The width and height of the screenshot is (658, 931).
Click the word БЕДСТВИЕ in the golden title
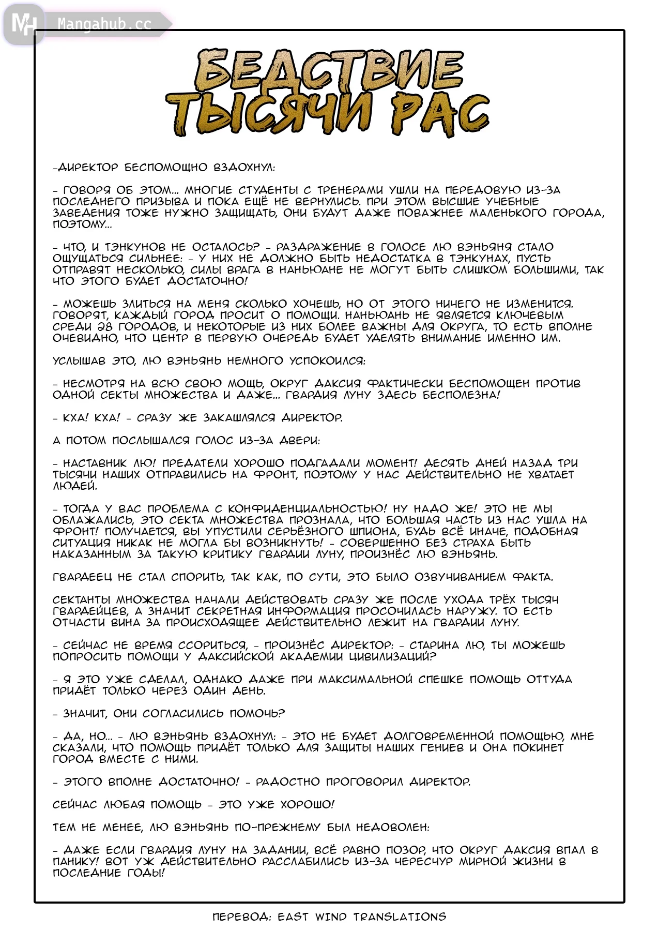(x=329, y=71)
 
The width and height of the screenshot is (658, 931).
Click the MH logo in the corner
(x=24, y=24)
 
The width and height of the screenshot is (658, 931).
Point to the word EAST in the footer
(x=293, y=917)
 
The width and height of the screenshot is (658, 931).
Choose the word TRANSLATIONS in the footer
(x=400, y=917)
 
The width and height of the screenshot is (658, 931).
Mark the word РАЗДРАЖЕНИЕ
(x=318, y=247)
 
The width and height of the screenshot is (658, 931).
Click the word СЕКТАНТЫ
(x=81, y=600)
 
